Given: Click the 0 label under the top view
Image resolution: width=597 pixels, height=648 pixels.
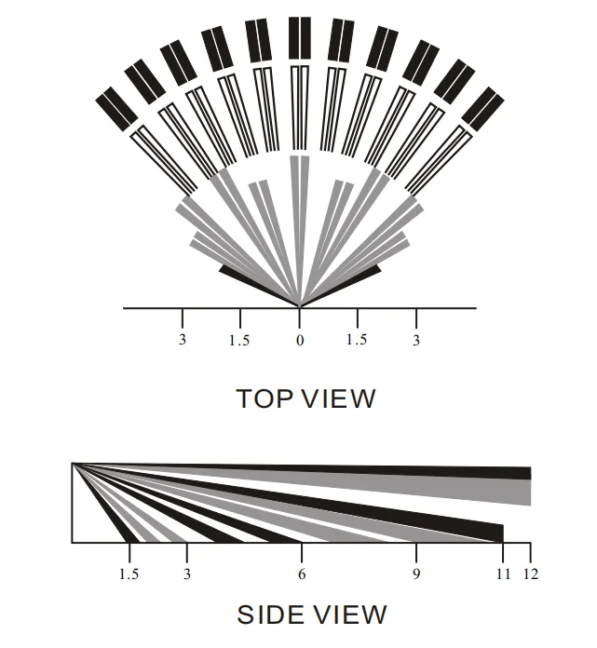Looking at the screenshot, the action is (x=300, y=341).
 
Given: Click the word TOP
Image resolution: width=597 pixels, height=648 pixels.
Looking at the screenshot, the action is (x=265, y=398).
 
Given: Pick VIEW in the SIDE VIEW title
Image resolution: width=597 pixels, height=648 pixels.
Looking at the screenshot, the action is (x=348, y=614).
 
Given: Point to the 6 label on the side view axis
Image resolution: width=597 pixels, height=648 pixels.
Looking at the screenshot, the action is (x=302, y=574).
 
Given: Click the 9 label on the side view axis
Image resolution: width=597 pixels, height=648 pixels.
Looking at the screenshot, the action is (x=416, y=574).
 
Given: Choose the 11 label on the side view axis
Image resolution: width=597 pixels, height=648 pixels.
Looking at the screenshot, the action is (x=503, y=574).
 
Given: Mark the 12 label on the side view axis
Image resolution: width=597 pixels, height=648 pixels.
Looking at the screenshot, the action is (x=531, y=574).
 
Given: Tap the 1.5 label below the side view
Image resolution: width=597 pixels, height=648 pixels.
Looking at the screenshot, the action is (x=129, y=574).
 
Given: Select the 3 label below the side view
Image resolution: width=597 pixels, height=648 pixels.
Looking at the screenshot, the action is (x=187, y=574).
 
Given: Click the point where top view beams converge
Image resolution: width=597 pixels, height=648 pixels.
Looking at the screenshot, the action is (x=300, y=305).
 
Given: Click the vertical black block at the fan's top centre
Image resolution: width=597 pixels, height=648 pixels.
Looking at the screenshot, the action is (x=300, y=37).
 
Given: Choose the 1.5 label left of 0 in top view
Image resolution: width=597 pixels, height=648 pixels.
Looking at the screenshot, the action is (x=239, y=341).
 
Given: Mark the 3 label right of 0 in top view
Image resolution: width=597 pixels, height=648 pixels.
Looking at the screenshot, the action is (x=416, y=341).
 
